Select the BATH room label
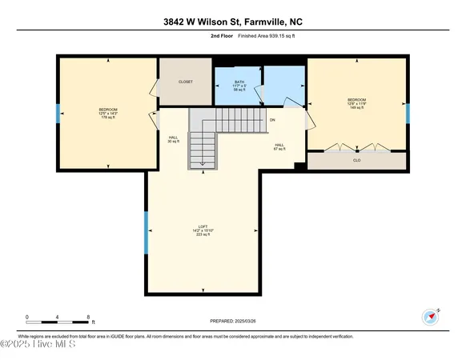pyautogui.click(x=239, y=82)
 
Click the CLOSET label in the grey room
pyautogui.click(x=185, y=82)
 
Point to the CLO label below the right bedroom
pyautogui.click(x=356, y=160)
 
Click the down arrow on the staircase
pyautogui.click(x=203, y=162)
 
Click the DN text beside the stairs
pyautogui.click(x=272, y=120)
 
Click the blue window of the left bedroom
pyautogui.click(x=58, y=113)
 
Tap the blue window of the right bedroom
pyautogui.click(x=407, y=113)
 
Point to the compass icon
pyautogui.click(x=431, y=315)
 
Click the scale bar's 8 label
pyautogui.click(x=87, y=317)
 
